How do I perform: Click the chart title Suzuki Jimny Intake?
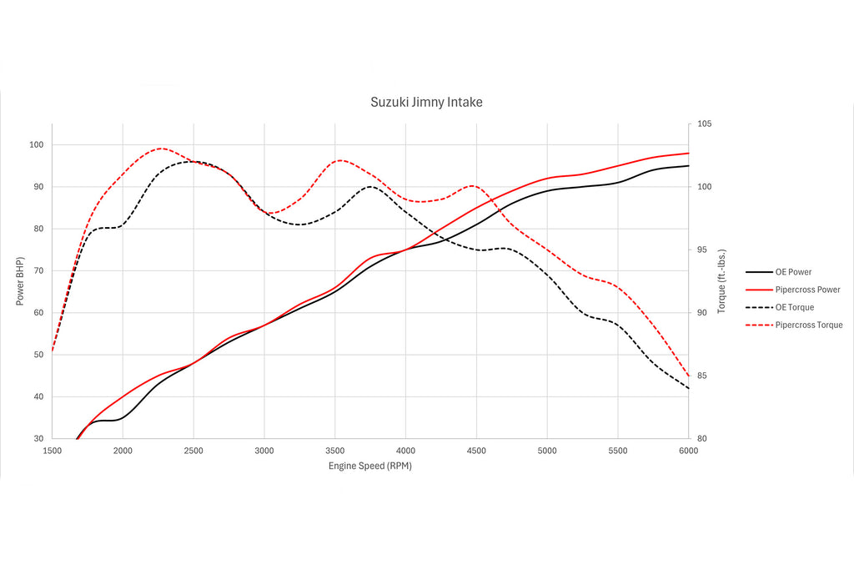coord(426,102)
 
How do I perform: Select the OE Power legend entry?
coord(792,272)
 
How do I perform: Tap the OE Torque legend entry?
coord(794,307)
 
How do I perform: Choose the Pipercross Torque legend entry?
coord(808,325)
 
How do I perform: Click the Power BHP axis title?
coord(19,281)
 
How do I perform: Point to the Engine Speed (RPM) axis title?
coord(369,466)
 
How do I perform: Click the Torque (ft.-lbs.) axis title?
coord(721,281)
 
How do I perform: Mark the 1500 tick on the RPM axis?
coord(52,451)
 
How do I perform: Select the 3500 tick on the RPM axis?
coord(334,451)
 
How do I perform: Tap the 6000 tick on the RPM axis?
coord(688,451)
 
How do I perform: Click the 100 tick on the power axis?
coord(36,145)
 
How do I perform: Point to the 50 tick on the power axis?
coord(38,355)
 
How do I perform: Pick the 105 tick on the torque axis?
coord(705,124)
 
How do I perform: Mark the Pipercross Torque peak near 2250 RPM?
coord(160,149)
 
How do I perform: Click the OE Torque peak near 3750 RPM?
coord(369,186)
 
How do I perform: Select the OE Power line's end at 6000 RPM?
coord(688,165)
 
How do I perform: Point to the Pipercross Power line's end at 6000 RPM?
coord(688,154)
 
